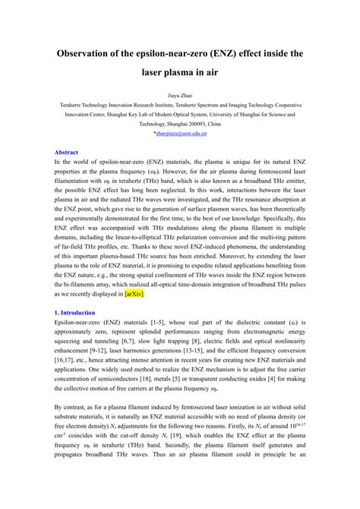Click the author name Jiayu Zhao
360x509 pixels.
click(x=180, y=98)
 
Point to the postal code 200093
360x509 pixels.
click(x=197, y=122)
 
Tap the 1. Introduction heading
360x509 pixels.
click(x=74, y=312)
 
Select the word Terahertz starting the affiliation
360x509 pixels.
click(x=78, y=111)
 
